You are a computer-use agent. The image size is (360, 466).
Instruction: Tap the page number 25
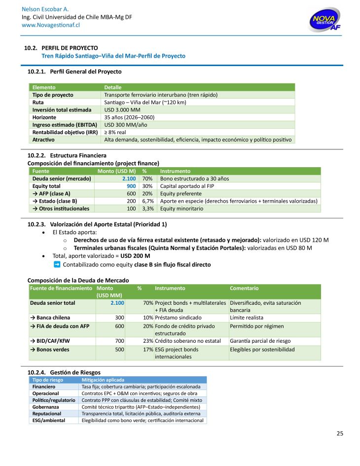coord(340,433)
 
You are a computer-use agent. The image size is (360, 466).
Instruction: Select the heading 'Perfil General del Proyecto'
coord(86,72)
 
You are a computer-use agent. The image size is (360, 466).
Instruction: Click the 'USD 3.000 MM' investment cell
coord(122,109)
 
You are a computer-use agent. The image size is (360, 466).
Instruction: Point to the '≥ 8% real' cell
coord(115,132)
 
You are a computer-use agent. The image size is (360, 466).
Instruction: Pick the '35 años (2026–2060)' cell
coord(129,117)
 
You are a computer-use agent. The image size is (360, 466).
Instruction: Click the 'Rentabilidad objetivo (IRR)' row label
coord(64,132)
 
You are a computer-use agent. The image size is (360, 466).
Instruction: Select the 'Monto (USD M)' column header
coord(116,171)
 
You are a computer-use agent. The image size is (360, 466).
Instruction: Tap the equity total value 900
coord(131,186)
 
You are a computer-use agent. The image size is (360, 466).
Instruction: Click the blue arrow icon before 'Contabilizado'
coord(57,265)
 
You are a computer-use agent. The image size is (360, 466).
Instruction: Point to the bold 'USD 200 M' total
coord(135,256)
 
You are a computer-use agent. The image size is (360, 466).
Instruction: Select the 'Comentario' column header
coord(244,288)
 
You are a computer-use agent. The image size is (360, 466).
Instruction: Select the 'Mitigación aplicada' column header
coord(103,380)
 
